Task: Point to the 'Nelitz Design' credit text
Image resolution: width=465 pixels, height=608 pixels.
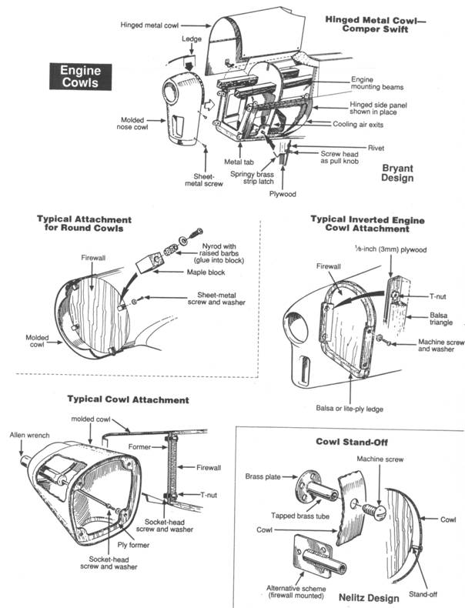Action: click(x=368, y=597)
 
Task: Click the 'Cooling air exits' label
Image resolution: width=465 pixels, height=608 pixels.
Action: click(x=360, y=123)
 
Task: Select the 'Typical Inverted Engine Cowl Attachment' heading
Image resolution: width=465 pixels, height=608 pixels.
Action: click(x=360, y=223)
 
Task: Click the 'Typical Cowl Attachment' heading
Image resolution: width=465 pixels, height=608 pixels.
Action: click(x=128, y=399)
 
